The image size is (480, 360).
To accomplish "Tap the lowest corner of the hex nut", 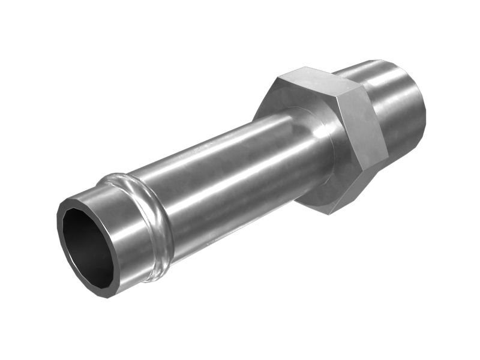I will (x=330, y=213).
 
